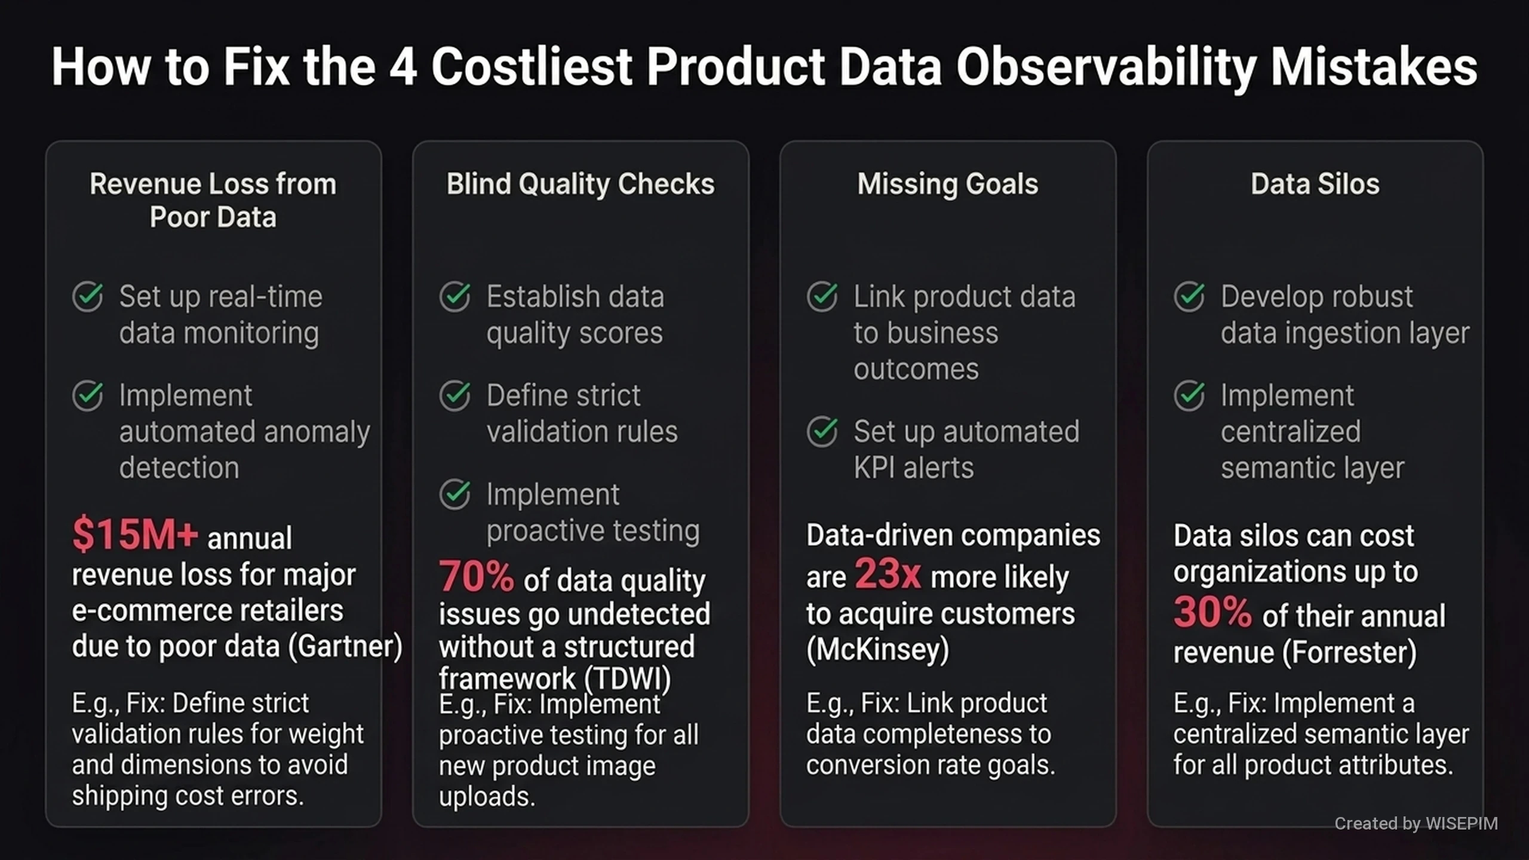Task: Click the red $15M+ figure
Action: (x=134, y=534)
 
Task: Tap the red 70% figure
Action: (x=476, y=576)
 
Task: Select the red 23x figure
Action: (x=888, y=574)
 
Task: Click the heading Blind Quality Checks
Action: (x=581, y=184)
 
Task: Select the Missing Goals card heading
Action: (x=948, y=184)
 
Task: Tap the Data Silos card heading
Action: (x=1315, y=184)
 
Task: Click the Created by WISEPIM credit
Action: (x=1416, y=824)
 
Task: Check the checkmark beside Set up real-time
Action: (x=88, y=296)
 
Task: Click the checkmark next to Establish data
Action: (x=455, y=296)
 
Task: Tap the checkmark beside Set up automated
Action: (x=822, y=431)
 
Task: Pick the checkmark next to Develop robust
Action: (x=1190, y=296)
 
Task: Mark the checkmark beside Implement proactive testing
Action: (x=455, y=494)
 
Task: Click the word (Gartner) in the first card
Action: (x=345, y=646)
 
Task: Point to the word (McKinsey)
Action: (x=878, y=650)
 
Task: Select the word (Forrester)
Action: (x=1350, y=652)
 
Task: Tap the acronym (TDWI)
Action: (x=628, y=678)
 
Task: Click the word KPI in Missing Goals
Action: (x=873, y=468)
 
